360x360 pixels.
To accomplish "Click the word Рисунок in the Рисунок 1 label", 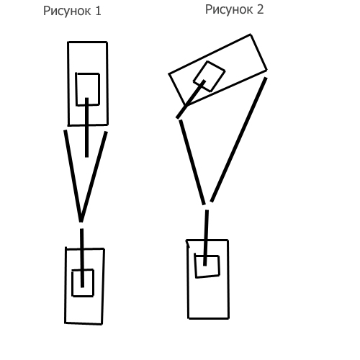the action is (x=67, y=12).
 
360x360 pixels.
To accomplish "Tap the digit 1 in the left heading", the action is (x=98, y=11).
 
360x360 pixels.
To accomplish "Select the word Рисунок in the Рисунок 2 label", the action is (x=230, y=10).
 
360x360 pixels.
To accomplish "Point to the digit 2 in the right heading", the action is (x=261, y=9).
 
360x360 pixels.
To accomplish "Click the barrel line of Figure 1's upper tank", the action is (x=86, y=127).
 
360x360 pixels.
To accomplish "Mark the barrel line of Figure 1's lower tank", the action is (x=82, y=258).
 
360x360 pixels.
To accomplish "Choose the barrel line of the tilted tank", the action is (x=191, y=99).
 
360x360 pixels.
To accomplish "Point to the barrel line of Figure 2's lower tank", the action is (x=206, y=238).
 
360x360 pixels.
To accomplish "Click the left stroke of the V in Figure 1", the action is (x=73, y=176).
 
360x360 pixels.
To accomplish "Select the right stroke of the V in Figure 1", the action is (x=94, y=176).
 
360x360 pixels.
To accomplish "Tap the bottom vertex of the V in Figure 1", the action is (x=81, y=221).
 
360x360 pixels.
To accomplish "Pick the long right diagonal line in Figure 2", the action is (x=238, y=140).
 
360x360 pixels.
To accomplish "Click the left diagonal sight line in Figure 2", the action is (x=192, y=162).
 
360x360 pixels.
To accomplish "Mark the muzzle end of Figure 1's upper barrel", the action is (x=86, y=157).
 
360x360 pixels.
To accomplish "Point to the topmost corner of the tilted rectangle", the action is (x=251, y=35).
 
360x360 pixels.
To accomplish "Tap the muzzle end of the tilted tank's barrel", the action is (x=177, y=117).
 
